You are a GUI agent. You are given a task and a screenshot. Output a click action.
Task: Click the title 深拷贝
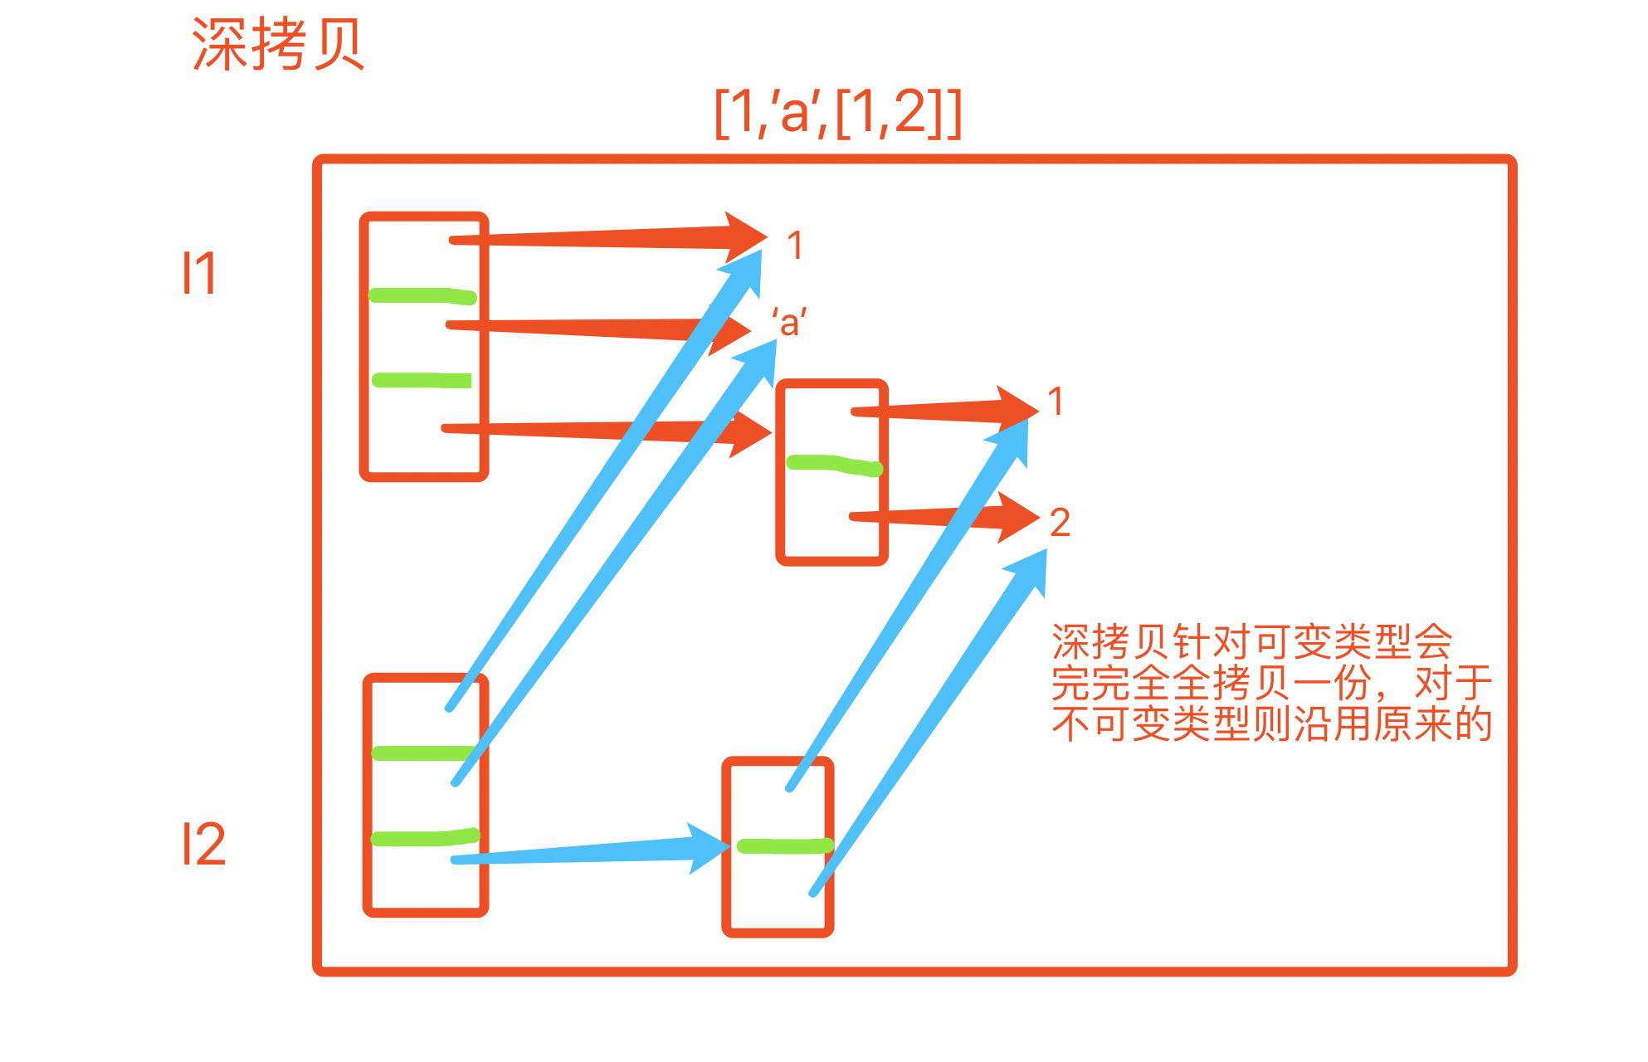tap(278, 45)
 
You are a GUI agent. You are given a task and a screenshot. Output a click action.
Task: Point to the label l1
tap(199, 273)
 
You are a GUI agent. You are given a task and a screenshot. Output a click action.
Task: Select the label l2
tap(203, 845)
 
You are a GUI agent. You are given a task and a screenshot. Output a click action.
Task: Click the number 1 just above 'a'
tap(795, 246)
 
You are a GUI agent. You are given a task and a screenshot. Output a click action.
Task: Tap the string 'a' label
tap(789, 322)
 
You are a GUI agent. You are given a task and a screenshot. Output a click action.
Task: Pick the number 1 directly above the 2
tap(1056, 402)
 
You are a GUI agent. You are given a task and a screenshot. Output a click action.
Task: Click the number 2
tap(1060, 523)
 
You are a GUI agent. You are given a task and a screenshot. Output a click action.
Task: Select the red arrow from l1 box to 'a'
tap(581, 328)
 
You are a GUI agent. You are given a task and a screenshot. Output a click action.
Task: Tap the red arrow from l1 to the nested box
tap(581, 430)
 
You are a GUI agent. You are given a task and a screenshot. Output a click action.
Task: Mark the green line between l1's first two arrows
tap(422, 295)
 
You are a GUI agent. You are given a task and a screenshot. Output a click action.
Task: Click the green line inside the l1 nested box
tap(833, 465)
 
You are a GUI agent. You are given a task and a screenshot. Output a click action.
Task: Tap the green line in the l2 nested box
tap(784, 846)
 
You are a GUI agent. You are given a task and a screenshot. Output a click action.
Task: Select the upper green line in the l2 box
tap(423, 753)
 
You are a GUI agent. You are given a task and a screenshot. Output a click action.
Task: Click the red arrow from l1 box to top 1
tap(597, 238)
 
